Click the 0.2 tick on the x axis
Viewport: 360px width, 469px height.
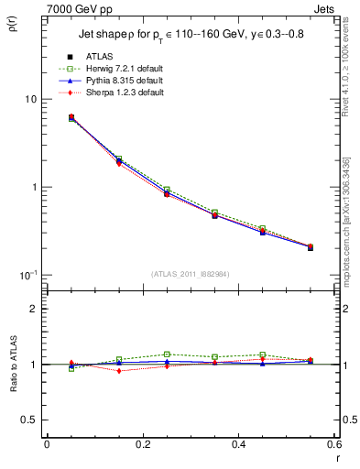(x=142, y=443)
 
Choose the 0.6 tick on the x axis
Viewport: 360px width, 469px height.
(x=333, y=443)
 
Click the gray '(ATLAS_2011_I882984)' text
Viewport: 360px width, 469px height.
(x=191, y=275)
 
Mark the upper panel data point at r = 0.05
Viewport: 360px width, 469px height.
(x=71, y=118)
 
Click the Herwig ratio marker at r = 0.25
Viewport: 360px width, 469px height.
(x=167, y=354)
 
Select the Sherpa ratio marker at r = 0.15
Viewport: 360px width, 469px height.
(x=119, y=371)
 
